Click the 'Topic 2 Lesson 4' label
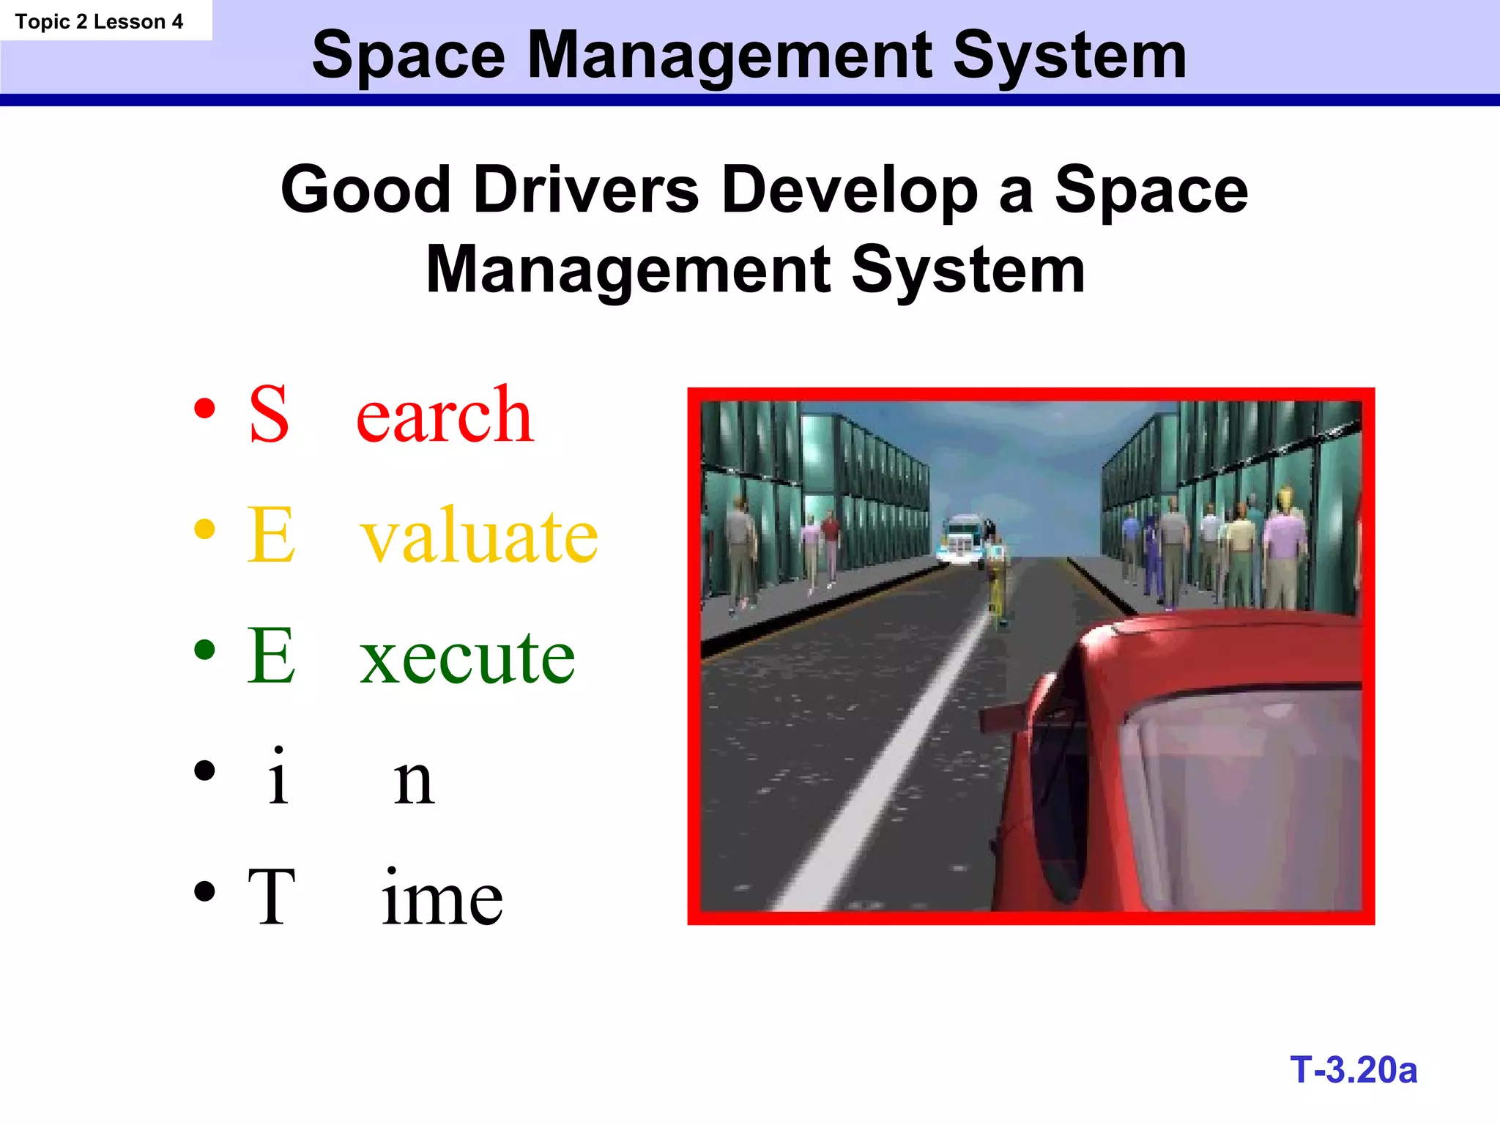pyautogui.click(x=99, y=22)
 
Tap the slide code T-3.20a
pyautogui.click(x=1354, y=1070)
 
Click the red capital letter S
pyautogui.click(x=269, y=415)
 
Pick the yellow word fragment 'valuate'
pyautogui.click(x=480, y=536)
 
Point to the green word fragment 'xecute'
pyautogui.click(x=467, y=657)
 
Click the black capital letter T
pyautogui.click(x=271, y=896)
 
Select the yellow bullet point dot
pyautogui.click(x=205, y=529)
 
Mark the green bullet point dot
pyautogui.click(x=205, y=650)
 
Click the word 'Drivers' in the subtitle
pyautogui.click(x=586, y=190)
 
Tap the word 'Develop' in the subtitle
pyautogui.click(x=850, y=190)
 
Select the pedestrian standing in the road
pyautogui.click(x=998, y=582)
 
